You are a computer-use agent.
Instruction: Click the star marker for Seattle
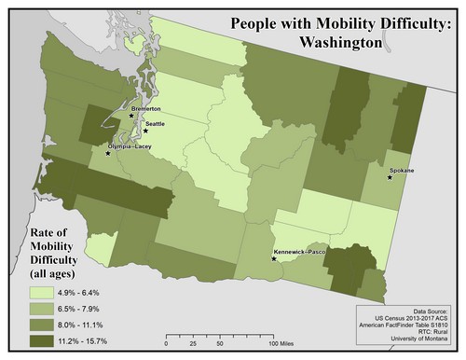pyautogui.click(x=145, y=132)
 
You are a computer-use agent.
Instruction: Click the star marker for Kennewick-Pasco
pyautogui.click(x=273, y=258)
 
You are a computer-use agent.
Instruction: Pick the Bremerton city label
pyautogui.click(x=146, y=108)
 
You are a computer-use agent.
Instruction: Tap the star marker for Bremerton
pyautogui.click(x=131, y=116)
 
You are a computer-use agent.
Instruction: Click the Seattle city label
pyautogui.click(x=155, y=124)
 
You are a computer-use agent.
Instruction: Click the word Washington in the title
pyautogui.click(x=337, y=42)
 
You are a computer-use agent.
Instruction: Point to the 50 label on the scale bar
pyautogui.click(x=216, y=344)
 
